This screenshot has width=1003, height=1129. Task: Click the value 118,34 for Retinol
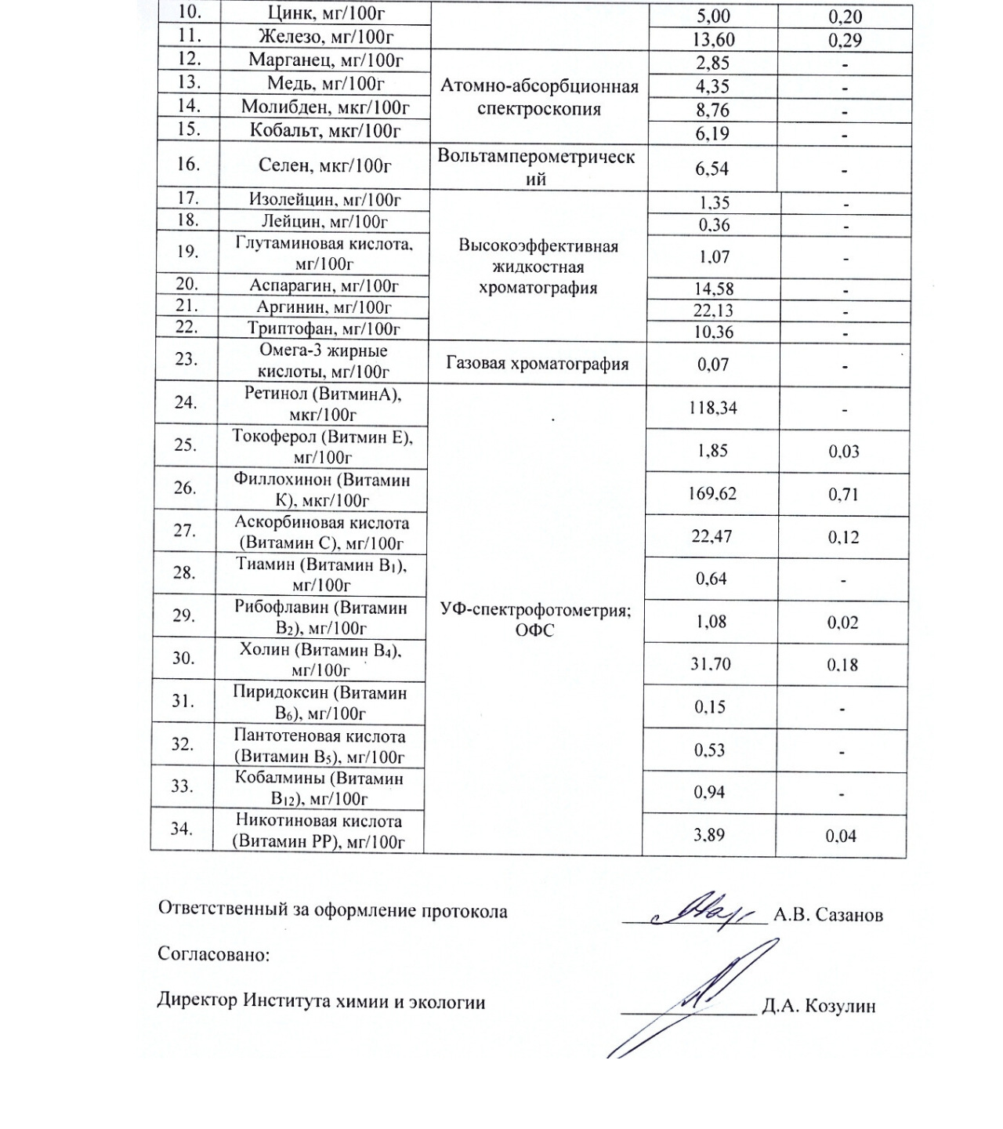712,408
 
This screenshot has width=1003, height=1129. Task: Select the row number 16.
188,164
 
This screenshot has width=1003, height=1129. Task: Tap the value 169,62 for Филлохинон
712,494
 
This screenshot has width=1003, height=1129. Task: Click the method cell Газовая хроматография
538,364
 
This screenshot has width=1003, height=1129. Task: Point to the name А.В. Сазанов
828,915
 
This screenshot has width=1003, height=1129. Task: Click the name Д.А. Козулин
818,1006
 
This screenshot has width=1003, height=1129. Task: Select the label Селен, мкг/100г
324,165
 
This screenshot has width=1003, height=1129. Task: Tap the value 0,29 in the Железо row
845,39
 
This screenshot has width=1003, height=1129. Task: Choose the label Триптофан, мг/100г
324,329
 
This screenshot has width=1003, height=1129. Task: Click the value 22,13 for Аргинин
712,310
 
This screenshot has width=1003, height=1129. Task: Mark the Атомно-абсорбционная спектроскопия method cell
539,97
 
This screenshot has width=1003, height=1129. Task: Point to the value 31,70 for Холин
712,664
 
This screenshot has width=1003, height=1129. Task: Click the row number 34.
183,828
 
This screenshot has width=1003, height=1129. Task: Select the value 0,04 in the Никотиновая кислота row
841,836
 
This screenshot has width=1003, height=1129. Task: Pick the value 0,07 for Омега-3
712,365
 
